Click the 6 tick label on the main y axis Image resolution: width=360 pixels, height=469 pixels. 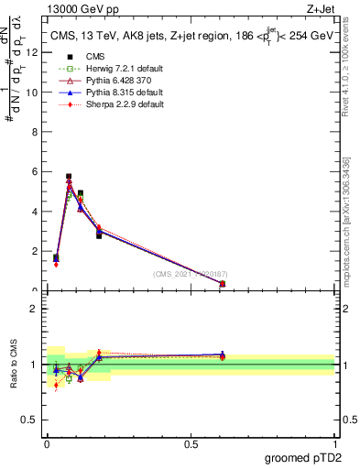36,171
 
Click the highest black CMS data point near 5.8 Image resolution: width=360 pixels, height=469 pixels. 69,176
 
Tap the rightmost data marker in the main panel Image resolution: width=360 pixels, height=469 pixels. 223,284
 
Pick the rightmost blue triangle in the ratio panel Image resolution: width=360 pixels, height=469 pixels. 223,354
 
